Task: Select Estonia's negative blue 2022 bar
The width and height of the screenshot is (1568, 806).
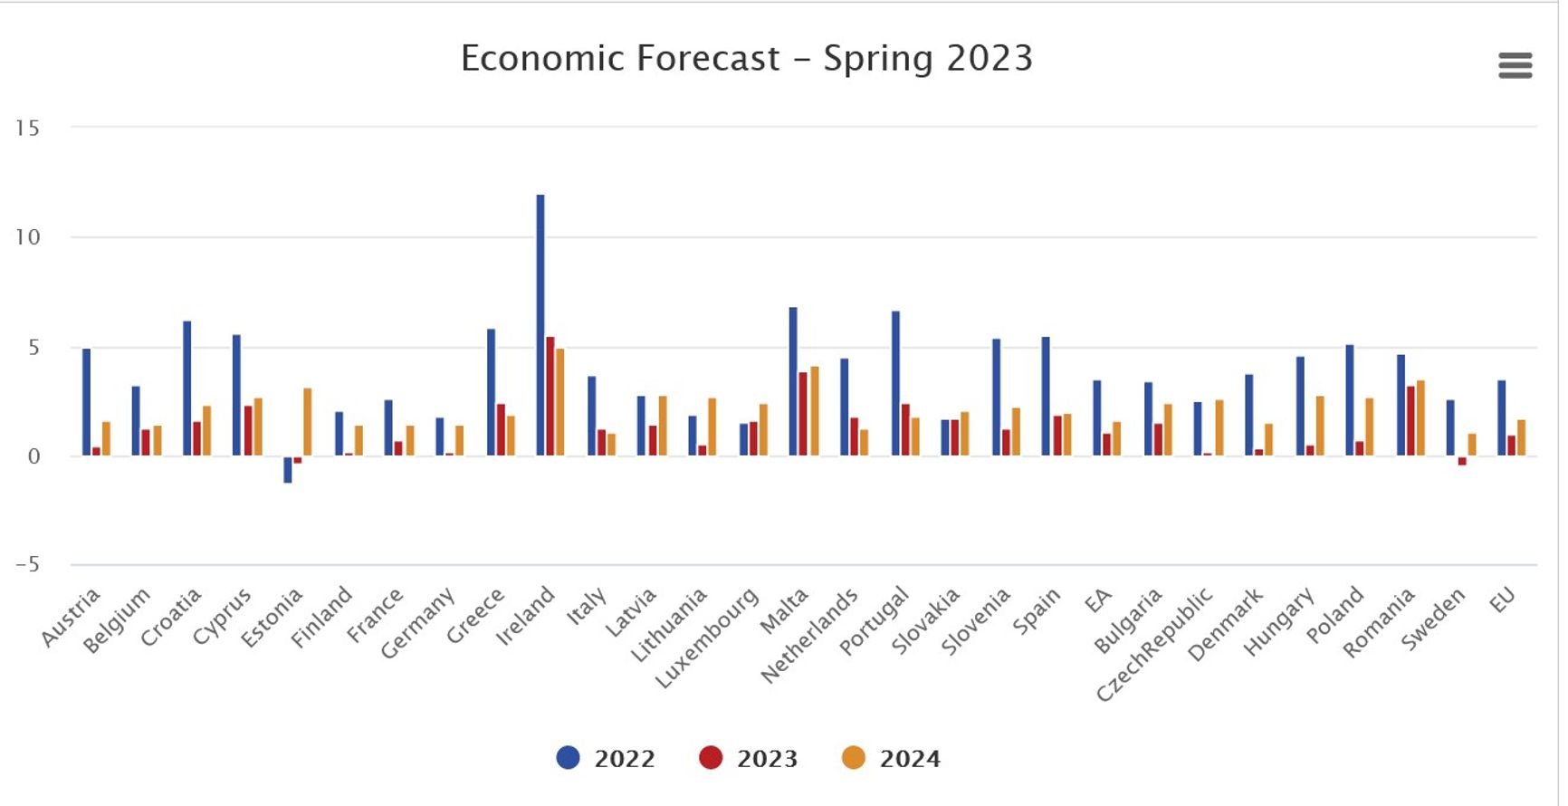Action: pyautogui.click(x=288, y=469)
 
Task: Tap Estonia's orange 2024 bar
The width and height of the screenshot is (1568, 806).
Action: pyautogui.click(x=308, y=421)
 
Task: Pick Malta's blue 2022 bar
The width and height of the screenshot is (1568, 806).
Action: pyautogui.click(x=793, y=380)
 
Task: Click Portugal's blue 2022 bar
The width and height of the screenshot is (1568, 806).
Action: pyautogui.click(x=895, y=382)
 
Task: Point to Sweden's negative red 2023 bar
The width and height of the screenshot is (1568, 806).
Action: pyautogui.click(x=1461, y=461)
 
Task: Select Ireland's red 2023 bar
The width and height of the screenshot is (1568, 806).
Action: pyautogui.click(x=550, y=396)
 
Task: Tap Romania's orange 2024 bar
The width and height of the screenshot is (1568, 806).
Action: pyautogui.click(x=1420, y=417)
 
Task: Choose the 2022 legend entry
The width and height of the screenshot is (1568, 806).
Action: pyautogui.click(x=607, y=758)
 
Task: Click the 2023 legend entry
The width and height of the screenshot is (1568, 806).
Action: pyautogui.click(x=750, y=758)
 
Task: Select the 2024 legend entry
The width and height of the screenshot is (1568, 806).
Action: pyautogui.click(x=893, y=758)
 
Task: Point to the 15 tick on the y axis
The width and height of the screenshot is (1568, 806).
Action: pyautogui.click(x=27, y=129)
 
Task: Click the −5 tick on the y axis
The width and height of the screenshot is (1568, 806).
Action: pyautogui.click(x=27, y=565)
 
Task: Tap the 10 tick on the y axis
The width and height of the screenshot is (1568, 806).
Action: pyautogui.click(x=27, y=237)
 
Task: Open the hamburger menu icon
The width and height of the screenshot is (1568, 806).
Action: pyautogui.click(x=1515, y=65)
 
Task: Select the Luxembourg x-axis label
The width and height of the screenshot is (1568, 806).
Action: pyautogui.click(x=706, y=638)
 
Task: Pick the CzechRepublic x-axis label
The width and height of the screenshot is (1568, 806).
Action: pyautogui.click(x=1153, y=644)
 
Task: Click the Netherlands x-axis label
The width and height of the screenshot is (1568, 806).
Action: pyautogui.click(x=808, y=636)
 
